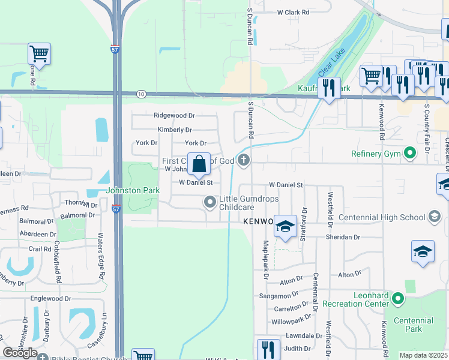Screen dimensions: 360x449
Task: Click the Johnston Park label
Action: click(x=133, y=190)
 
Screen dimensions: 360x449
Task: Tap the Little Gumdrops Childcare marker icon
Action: click(x=209, y=202)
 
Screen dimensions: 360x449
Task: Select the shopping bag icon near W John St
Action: click(x=199, y=164)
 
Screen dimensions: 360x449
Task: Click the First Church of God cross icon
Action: click(x=243, y=160)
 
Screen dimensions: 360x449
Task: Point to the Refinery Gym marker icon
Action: click(x=411, y=154)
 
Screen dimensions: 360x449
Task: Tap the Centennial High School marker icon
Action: click(x=435, y=217)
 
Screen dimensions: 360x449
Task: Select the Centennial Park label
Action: click(x=414, y=325)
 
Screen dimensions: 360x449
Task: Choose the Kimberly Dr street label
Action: click(x=175, y=130)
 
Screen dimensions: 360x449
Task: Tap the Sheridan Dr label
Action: click(x=343, y=237)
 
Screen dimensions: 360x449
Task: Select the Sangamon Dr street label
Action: click(x=279, y=296)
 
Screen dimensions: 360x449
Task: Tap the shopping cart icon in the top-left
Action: click(x=39, y=53)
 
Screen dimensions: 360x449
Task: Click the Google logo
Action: click(x=20, y=353)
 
